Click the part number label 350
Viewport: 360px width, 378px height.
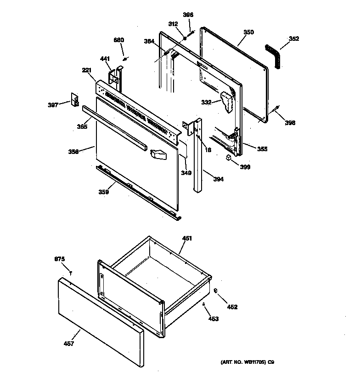[248, 32]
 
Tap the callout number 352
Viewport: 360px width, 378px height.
[294, 39]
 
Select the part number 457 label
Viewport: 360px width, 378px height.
[69, 344]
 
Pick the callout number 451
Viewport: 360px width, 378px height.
[187, 238]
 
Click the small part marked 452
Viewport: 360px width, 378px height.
[215, 290]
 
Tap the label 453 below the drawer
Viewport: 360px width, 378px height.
[214, 318]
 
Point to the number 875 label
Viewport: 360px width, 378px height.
[60, 260]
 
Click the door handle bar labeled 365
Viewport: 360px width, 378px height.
[115, 129]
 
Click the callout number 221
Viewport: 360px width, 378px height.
[87, 70]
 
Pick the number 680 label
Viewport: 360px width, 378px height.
[118, 40]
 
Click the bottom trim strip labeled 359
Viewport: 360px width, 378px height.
[138, 192]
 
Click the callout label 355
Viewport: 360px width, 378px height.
[262, 149]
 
